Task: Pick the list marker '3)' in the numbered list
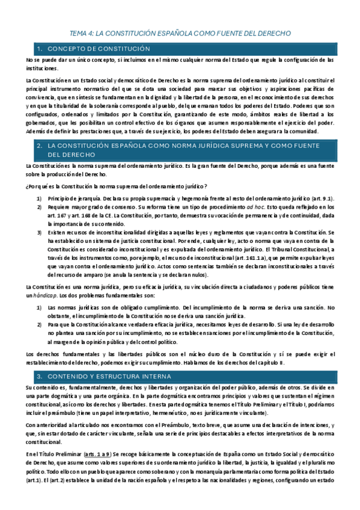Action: [x=39, y=232]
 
